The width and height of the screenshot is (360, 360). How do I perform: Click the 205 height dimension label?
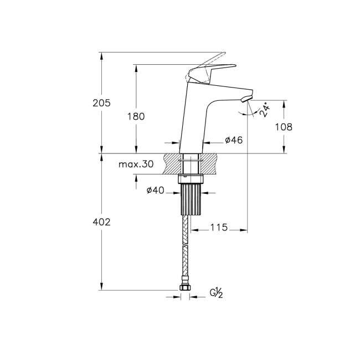(x=102, y=103)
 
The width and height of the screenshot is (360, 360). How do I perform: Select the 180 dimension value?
(x=136, y=116)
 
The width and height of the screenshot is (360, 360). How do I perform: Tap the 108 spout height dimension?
(x=283, y=126)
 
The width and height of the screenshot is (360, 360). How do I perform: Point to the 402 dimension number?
(x=102, y=222)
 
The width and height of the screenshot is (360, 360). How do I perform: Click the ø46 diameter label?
(x=234, y=141)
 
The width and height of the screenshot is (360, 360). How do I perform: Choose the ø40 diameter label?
(x=155, y=191)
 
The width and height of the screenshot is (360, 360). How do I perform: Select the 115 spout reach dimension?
(x=219, y=228)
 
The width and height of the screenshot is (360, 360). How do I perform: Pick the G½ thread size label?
(x=215, y=293)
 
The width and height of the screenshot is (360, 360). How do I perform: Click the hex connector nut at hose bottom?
(x=186, y=288)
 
